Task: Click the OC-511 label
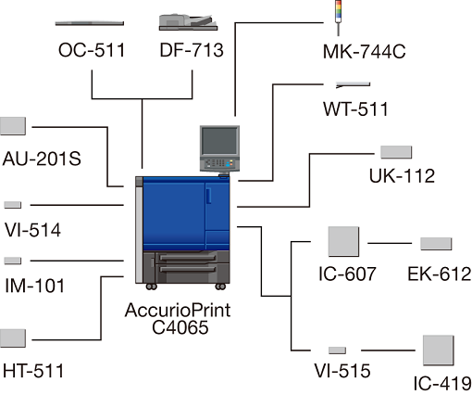point(92,50)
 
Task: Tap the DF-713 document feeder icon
point(188,22)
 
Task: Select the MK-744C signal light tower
point(339,18)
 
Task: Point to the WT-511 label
point(355,109)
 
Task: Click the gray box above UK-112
point(396,152)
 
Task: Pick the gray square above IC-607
point(343,241)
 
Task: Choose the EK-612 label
point(440,274)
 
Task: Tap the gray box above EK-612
point(436,244)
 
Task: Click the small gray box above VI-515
point(337,350)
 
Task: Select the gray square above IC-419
point(439,350)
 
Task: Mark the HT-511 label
point(33,371)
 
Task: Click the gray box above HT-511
point(13,338)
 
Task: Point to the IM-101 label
point(35,286)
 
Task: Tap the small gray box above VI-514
point(13,205)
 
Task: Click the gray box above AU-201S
point(13,126)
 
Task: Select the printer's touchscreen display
point(219,141)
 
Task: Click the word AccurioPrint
point(178,310)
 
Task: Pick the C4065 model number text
point(180,327)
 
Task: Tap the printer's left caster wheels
point(151,287)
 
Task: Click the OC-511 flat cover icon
point(90,23)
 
